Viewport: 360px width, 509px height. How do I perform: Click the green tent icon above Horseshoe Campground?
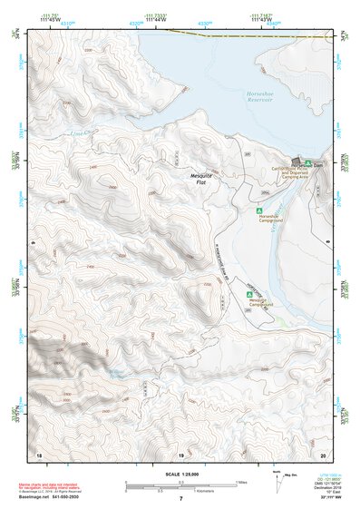(x=260, y=211)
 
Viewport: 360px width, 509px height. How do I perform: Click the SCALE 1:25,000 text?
(x=180, y=475)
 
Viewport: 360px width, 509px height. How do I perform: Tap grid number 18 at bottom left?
(x=38, y=454)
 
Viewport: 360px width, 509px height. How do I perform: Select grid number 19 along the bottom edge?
(x=180, y=454)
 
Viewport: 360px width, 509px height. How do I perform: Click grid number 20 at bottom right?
(x=323, y=454)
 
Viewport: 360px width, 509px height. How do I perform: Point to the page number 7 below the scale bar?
(x=180, y=499)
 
